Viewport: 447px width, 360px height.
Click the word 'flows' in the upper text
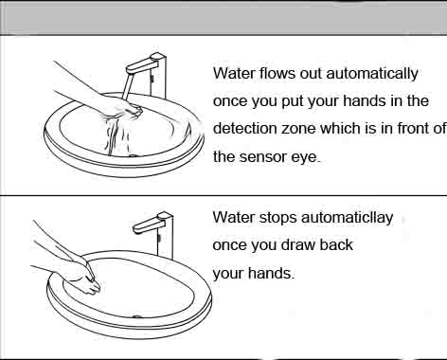coord(277,73)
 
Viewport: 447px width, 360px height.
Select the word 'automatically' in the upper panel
coord(372,74)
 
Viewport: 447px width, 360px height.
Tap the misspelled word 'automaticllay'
coord(347,218)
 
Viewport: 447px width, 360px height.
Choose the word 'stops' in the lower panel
coord(277,219)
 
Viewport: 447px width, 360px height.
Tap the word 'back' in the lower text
coord(336,245)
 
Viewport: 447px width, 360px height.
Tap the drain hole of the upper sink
coord(134,155)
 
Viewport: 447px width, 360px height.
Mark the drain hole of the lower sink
coord(136,316)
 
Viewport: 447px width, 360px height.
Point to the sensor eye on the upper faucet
coord(152,79)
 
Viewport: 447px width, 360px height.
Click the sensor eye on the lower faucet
coord(159,237)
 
